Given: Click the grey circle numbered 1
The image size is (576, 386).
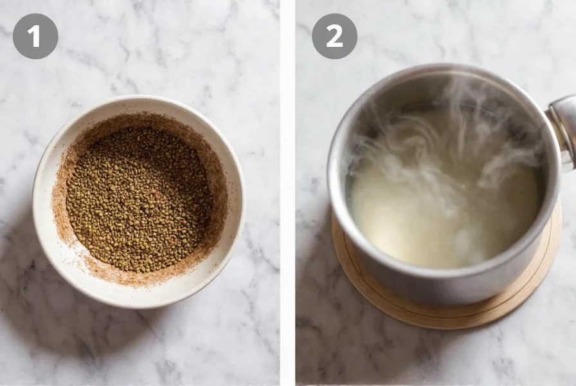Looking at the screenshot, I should click(x=35, y=36).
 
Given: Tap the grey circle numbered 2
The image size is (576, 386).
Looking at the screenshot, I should click(x=334, y=36).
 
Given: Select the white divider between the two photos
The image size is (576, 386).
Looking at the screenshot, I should click(x=287, y=193).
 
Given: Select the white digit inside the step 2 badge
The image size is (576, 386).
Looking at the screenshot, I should click(x=334, y=37).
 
